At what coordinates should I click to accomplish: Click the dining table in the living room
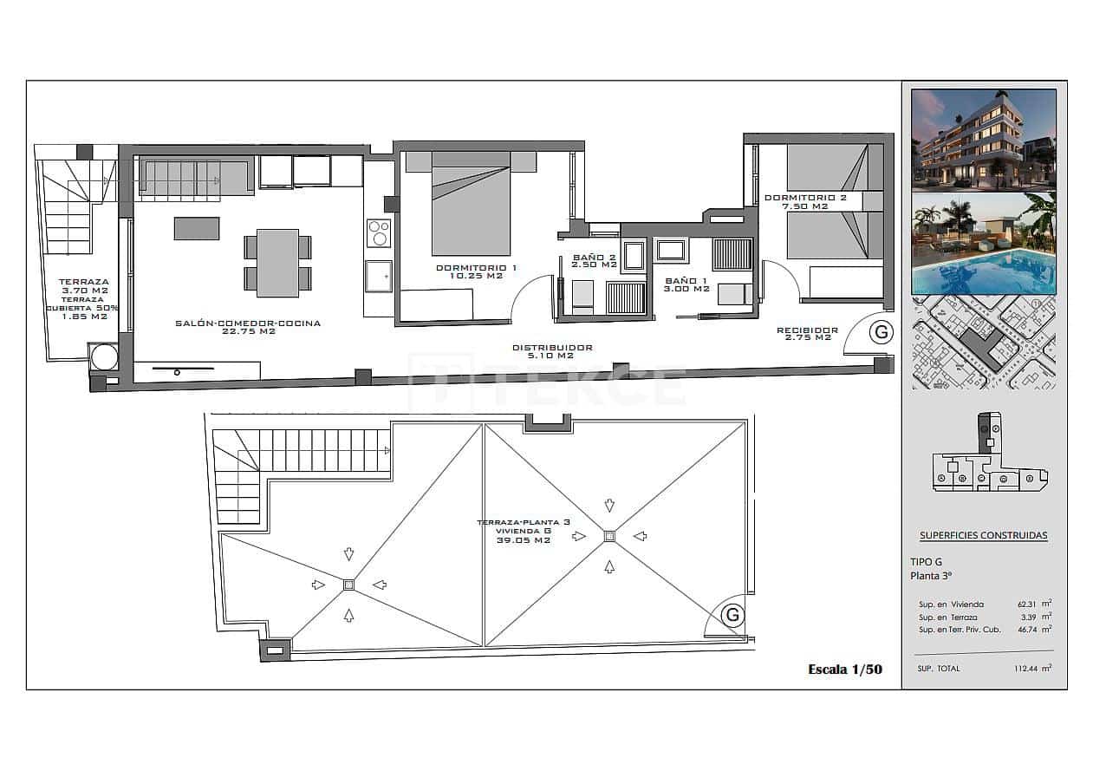pyautogui.click(x=277, y=262)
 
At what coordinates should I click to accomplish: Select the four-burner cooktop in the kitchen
pyautogui.click(x=380, y=232)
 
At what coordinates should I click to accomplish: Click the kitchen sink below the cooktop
pyautogui.click(x=379, y=276)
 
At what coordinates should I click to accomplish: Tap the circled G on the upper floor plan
pyautogui.click(x=882, y=331)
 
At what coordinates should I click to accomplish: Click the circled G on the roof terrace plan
pyautogui.click(x=732, y=615)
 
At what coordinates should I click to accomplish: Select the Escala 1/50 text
pyautogui.click(x=844, y=669)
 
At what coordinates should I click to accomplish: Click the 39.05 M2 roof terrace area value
pyautogui.click(x=524, y=539)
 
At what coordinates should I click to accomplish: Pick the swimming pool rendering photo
pyautogui.click(x=983, y=244)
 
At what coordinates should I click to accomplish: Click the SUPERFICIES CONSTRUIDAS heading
pyautogui.click(x=983, y=535)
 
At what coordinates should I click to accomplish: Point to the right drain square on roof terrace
pyautogui.click(x=609, y=536)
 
